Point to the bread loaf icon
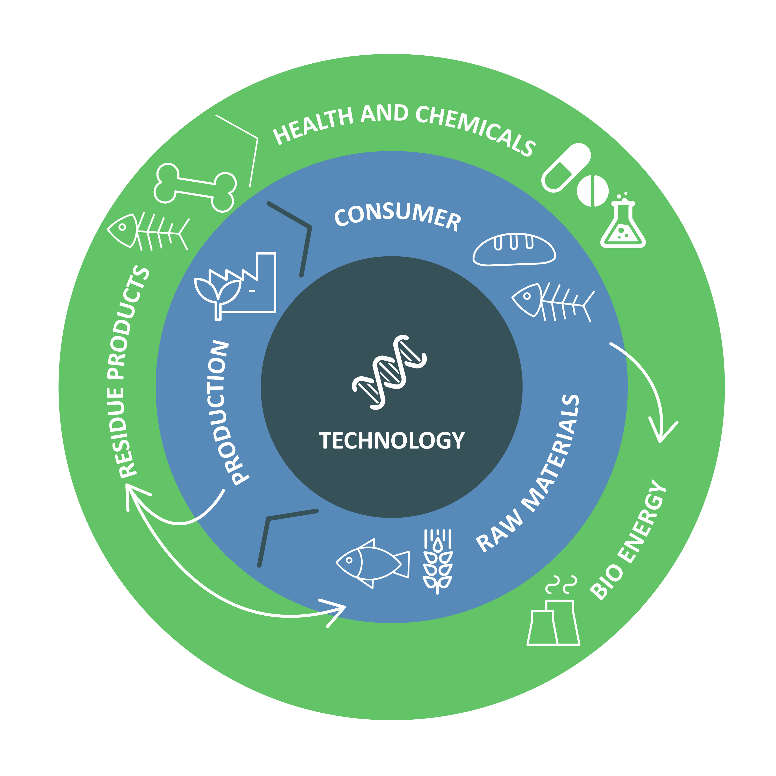(x=514, y=249)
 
